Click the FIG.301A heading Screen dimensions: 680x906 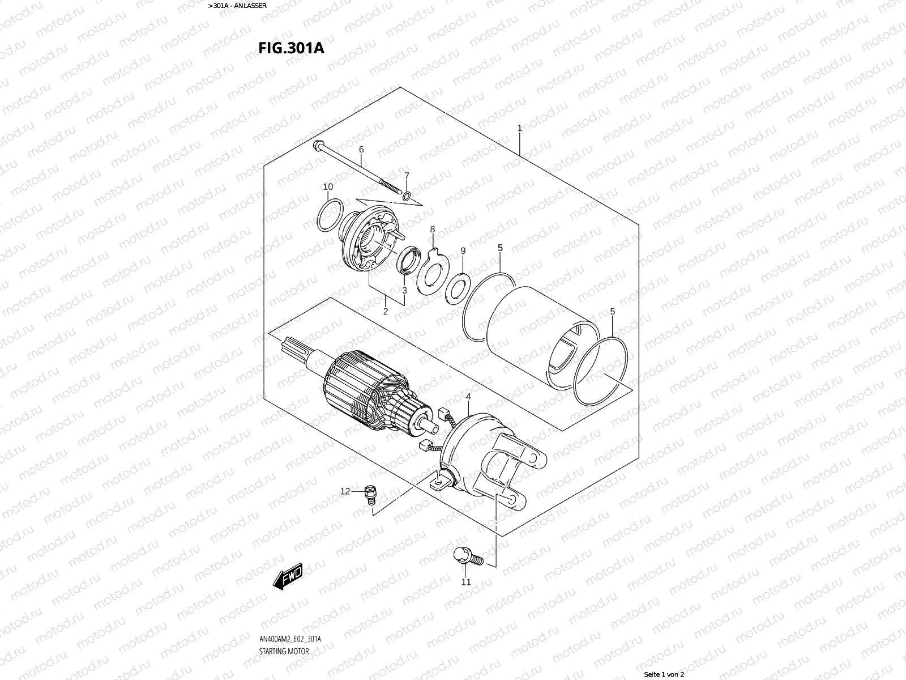(x=291, y=48)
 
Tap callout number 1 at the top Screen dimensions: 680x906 (x=519, y=129)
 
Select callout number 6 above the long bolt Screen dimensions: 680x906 (x=361, y=150)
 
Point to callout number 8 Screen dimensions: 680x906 (x=433, y=229)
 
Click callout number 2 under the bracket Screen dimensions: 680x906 (x=385, y=311)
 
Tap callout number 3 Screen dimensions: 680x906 (x=404, y=291)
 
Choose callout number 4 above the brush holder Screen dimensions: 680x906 (x=468, y=397)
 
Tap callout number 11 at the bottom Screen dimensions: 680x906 (x=465, y=582)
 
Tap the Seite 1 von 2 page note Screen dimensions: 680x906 (x=664, y=674)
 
